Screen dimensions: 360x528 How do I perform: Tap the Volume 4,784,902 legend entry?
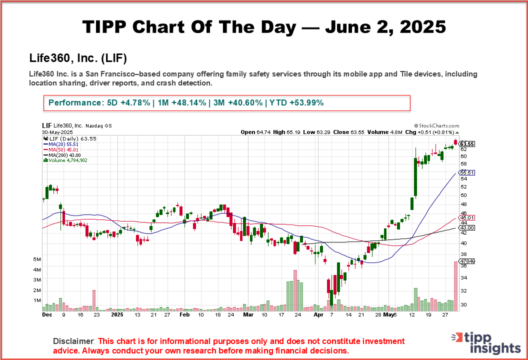tap(65, 160)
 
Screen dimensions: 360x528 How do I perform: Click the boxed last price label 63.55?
tap(467, 144)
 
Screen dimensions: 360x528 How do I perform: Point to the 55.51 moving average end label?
tap(467, 172)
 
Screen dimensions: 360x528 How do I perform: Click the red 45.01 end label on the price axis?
tap(467, 217)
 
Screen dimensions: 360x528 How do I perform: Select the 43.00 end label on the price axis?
tap(467, 227)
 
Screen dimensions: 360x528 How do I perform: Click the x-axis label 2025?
tap(117, 315)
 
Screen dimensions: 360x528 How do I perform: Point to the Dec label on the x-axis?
tap(46, 315)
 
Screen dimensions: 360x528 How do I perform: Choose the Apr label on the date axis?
tap(318, 315)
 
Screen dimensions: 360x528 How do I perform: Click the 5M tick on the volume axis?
tap(37, 259)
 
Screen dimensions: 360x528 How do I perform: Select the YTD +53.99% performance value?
tap(296, 102)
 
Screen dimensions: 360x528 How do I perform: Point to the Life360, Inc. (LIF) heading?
tap(78, 58)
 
